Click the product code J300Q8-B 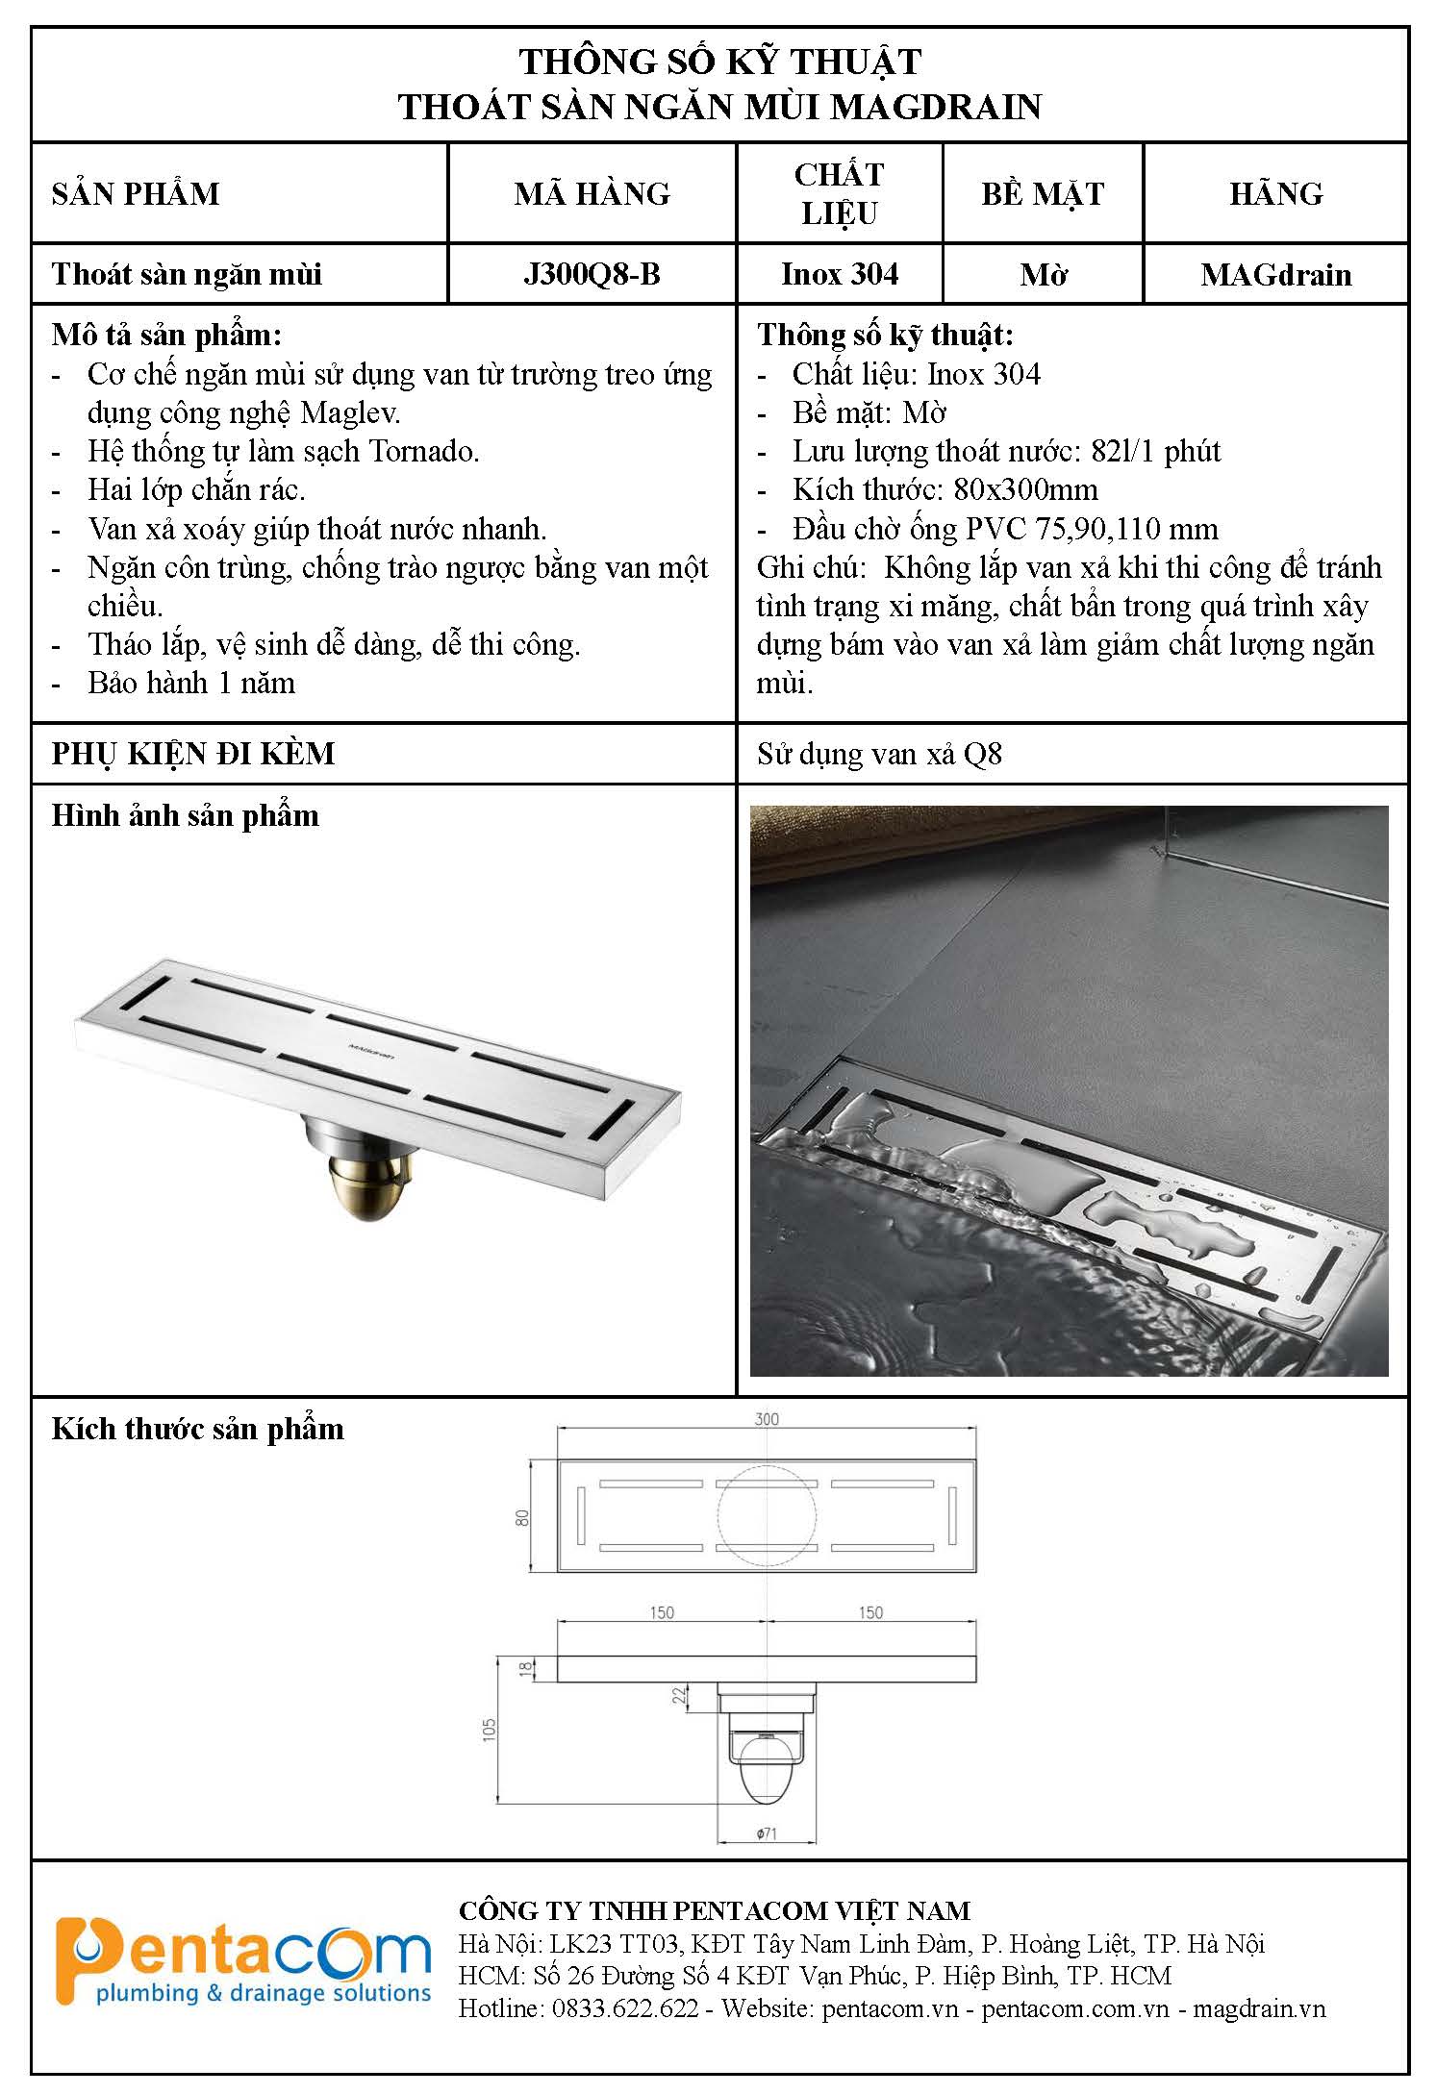pos(592,275)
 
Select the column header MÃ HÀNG pos(592,194)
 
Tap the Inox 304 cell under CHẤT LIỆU pos(840,275)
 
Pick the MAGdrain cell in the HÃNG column pos(1275,275)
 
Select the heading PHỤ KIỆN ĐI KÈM pos(193,754)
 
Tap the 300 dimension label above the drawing pos(767,1419)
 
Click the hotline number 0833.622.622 pos(625,2008)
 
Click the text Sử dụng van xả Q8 pos(879,755)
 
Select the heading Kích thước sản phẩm pos(197,1430)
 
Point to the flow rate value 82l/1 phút pos(1156,452)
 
